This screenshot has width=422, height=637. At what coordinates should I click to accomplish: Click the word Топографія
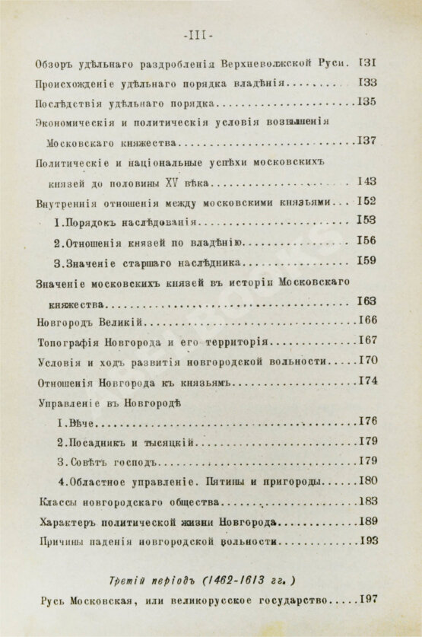pos(67,340)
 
